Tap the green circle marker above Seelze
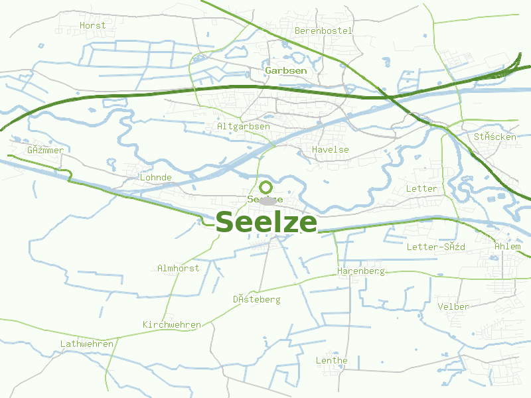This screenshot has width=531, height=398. click(x=265, y=187)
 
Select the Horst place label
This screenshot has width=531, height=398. click(x=92, y=25)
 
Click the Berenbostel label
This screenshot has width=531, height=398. click(x=323, y=31)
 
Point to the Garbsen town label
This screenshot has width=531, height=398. click(x=285, y=70)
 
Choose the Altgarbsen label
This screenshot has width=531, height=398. click(x=243, y=126)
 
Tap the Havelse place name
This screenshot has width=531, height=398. click(x=330, y=150)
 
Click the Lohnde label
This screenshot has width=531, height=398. click(x=156, y=178)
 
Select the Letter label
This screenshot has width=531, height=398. click(x=421, y=188)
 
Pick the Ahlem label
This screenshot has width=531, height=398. click(x=508, y=247)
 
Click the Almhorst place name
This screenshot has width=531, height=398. click(x=178, y=268)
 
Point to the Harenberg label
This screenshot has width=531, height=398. click(x=361, y=271)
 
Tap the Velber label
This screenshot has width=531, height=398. click(x=453, y=306)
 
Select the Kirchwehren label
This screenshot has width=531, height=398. click(x=171, y=324)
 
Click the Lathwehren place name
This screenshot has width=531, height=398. click(x=87, y=344)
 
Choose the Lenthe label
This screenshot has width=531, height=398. click(x=331, y=360)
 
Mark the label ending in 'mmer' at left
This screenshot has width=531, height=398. click(x=45, y=150)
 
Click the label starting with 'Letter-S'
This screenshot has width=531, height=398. click(x=435, y=247)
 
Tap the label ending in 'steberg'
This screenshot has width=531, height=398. click(x=256, y=299)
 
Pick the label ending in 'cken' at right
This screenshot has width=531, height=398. click(x=494, y=137)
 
